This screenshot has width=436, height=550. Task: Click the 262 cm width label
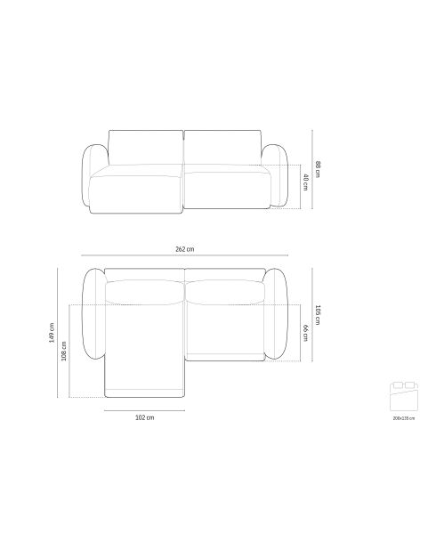pyautogui.click(x=184, y=249)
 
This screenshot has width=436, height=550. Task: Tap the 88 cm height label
pyautogui.click(x=318, y=169)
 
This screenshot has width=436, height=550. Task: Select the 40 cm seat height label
pyautogui.click(x=306, y=182)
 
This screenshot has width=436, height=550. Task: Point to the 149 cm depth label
pyautogui.click(x=52, y=333)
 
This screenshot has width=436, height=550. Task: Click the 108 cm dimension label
pyautogui.click(x=64, y=352)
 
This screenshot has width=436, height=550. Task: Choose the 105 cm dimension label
pyautogui.click(x=318, y=315)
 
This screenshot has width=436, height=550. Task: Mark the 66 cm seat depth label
pyautogui.click(x=306, y=333)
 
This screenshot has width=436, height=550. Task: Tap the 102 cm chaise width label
pyautogui.click(x=144, y=417)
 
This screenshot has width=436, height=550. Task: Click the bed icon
pyautogui.click(x=404, y=396)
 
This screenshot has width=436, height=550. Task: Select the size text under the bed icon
pyautogui.click(x=404, y=418)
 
